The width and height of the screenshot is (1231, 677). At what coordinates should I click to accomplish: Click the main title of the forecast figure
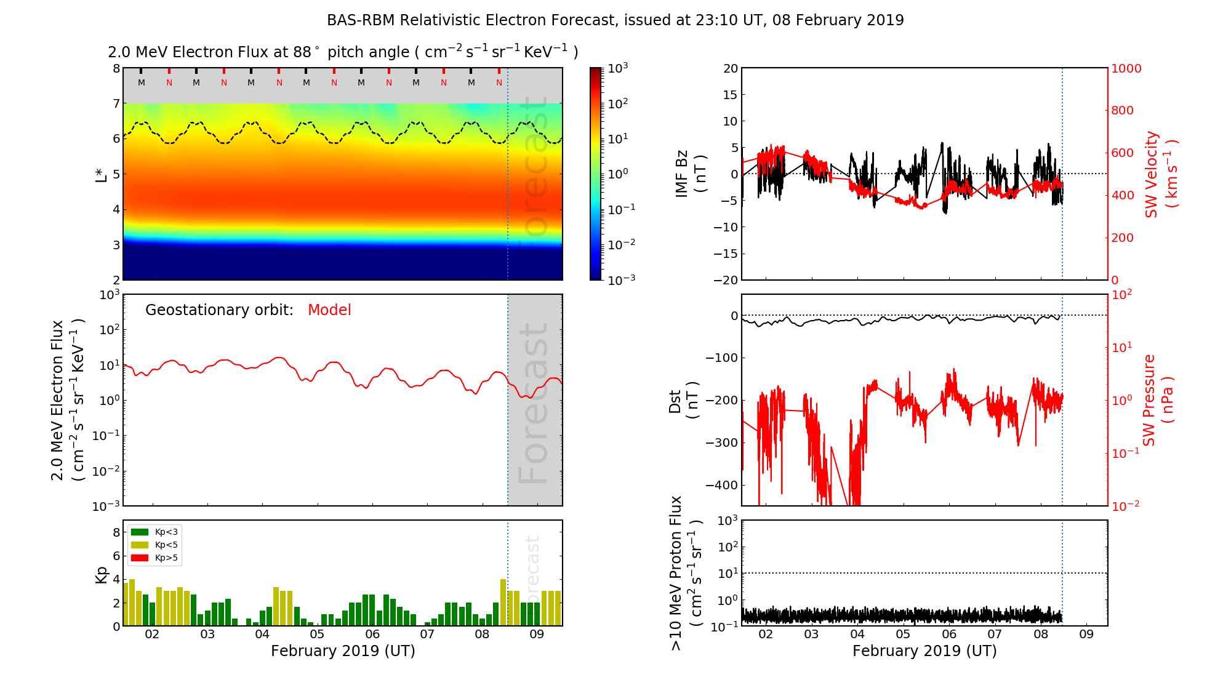click(615, 20)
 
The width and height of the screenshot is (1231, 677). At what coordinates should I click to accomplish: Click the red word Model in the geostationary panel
click(329, 310)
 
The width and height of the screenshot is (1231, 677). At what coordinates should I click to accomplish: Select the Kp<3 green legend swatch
click(140, 532)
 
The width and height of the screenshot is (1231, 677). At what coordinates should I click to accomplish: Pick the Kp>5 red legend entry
click(155, 558)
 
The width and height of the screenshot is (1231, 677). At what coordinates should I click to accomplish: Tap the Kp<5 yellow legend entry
click(155, 545)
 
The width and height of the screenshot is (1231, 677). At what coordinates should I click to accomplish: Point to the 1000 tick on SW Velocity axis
click(1126, 68)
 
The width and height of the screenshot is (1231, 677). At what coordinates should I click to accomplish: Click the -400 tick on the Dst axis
click(721, 485)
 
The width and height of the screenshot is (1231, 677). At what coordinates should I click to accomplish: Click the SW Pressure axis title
click(1157, 400)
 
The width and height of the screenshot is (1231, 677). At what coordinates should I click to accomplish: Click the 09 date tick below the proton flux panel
click(1086, 635)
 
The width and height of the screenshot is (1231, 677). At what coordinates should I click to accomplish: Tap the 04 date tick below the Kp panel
click(262, 635)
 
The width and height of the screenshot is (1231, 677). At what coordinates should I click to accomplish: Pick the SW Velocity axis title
click(1160, 175)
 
